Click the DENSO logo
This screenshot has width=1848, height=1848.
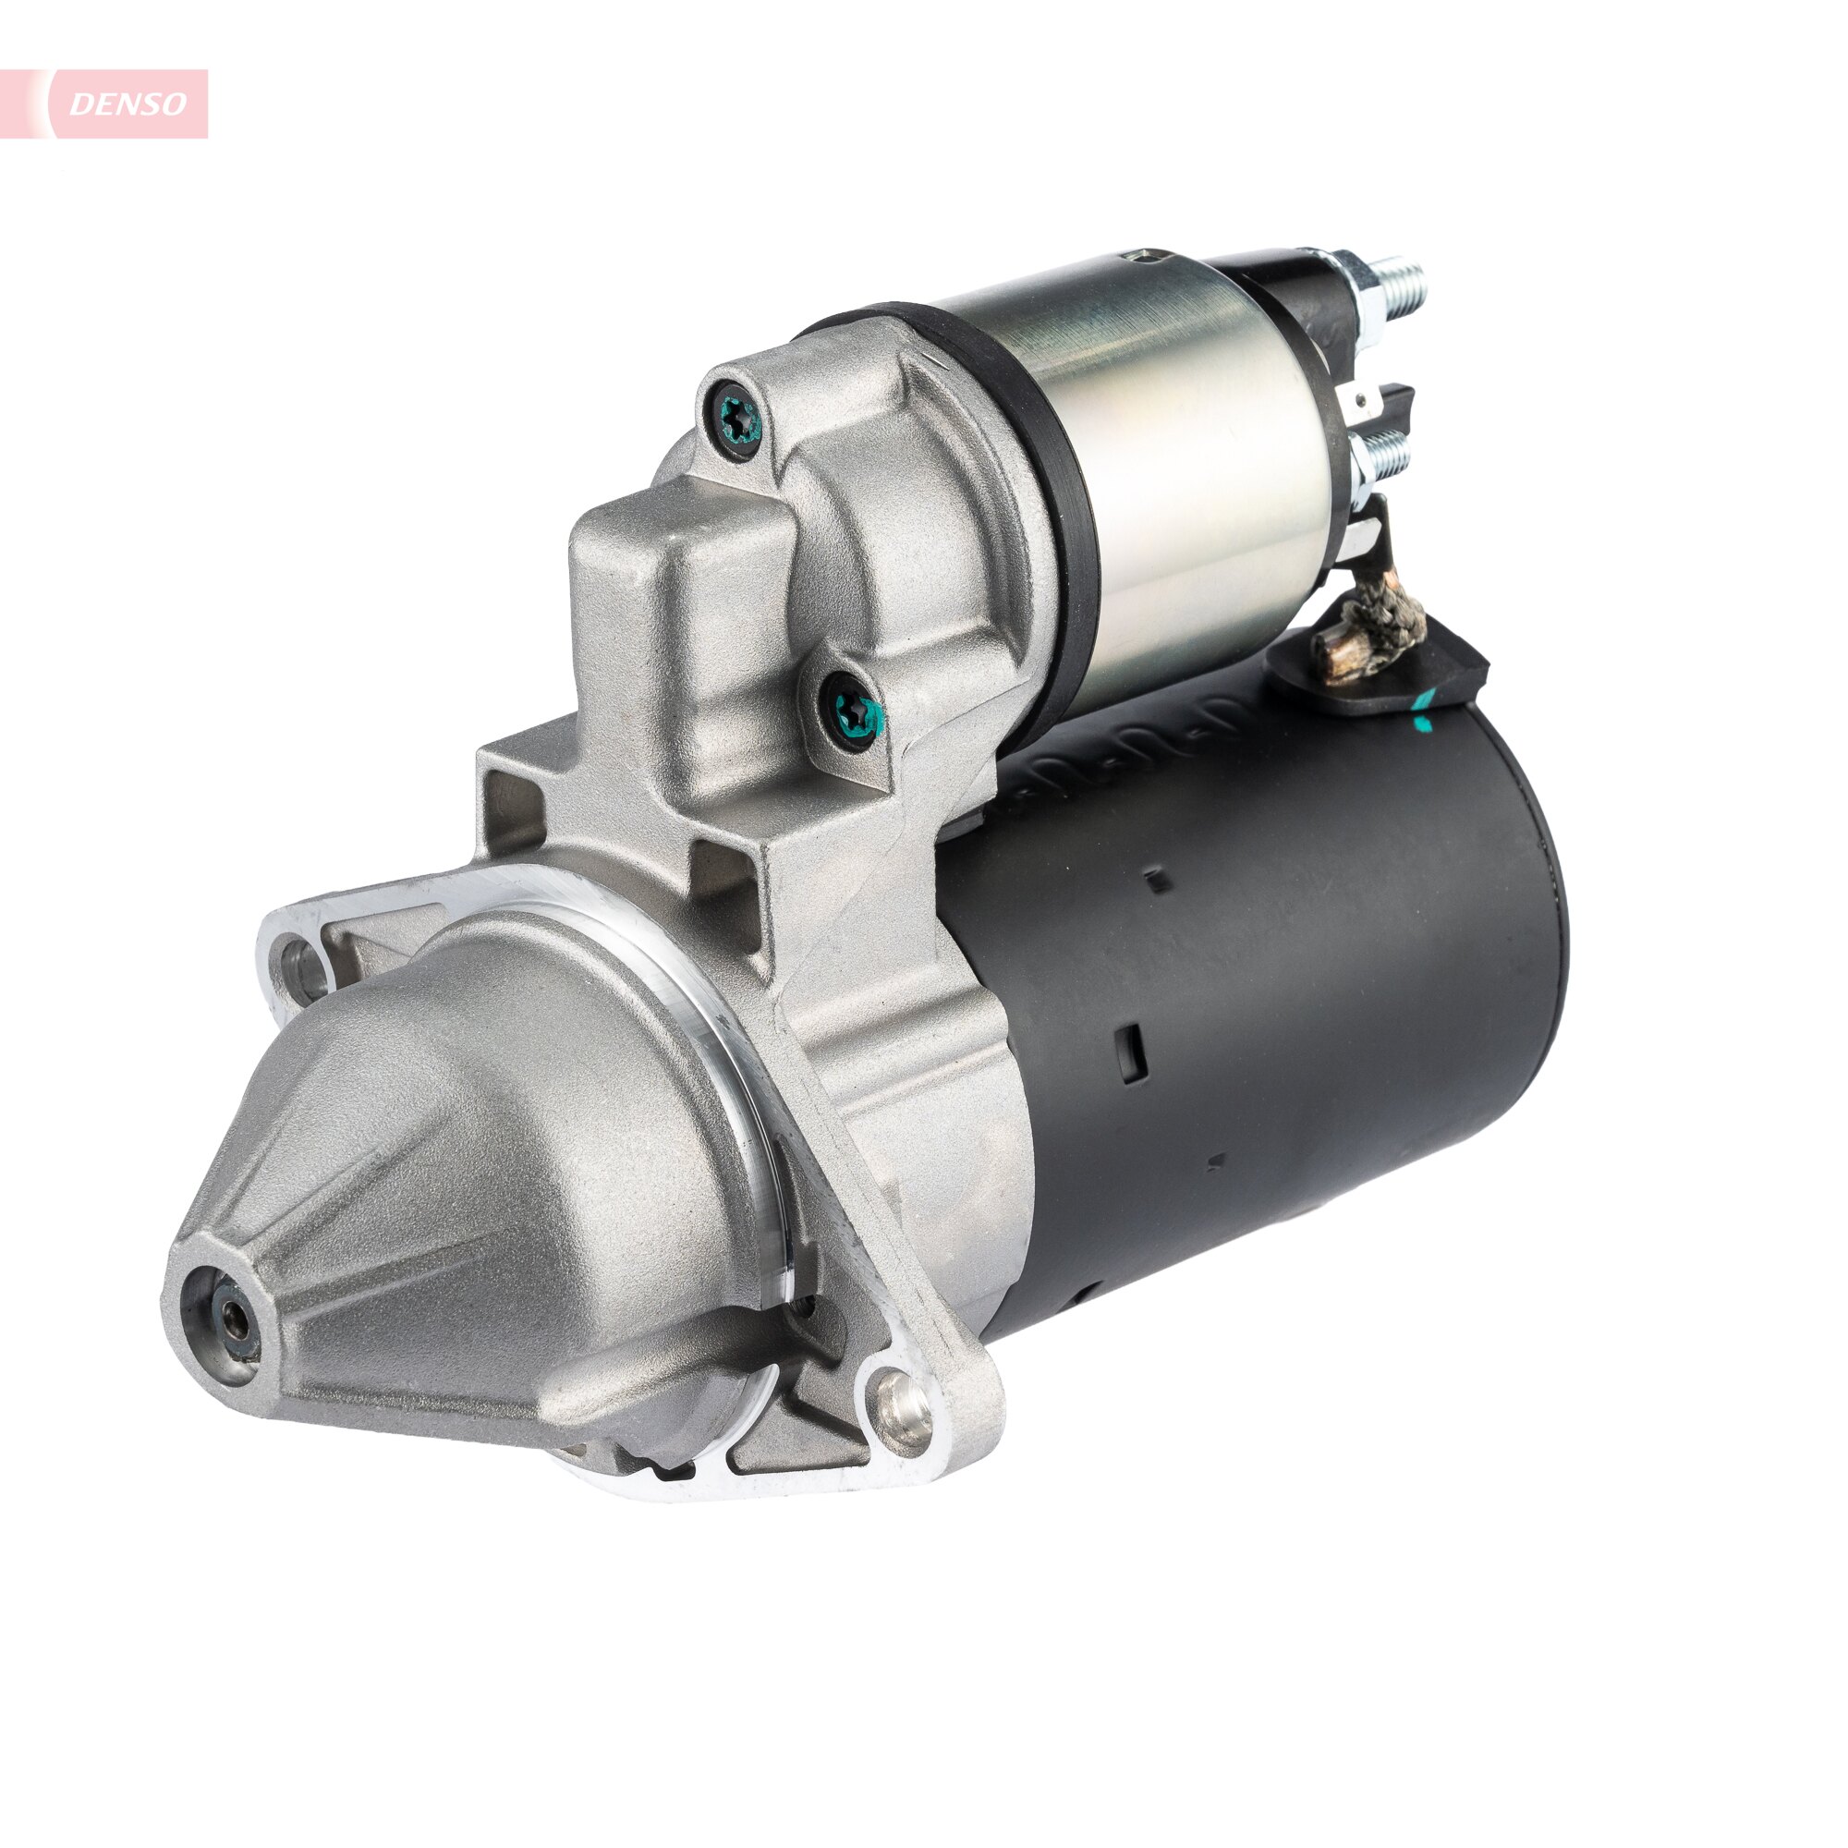pos(128,104)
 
